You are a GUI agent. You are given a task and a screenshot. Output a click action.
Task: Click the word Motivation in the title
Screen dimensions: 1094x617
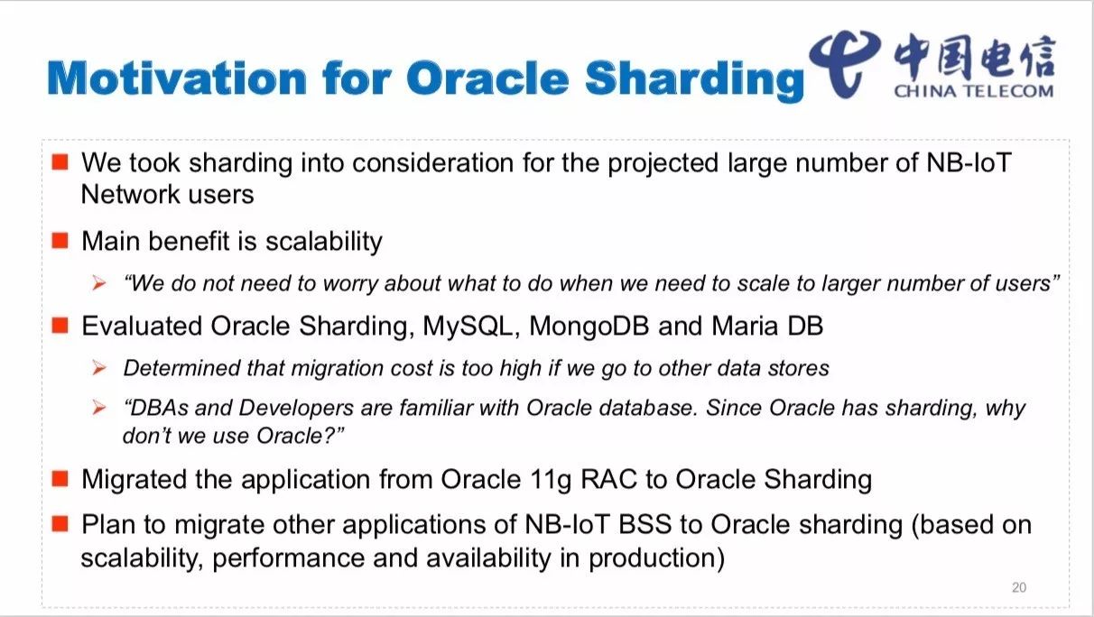[x=177, y=78]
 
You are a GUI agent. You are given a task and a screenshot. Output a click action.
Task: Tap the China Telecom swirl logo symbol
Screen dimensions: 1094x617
[x=845, y=63]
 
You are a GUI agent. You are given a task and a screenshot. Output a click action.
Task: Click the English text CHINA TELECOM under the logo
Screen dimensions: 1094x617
[x=974, y=91]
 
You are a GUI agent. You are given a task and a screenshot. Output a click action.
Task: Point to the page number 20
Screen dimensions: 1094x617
[x=1019, y=587]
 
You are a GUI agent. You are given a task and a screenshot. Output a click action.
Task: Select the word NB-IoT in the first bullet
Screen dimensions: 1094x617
[x=969, y=162]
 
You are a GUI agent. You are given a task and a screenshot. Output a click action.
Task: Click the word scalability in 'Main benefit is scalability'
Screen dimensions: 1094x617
[x=324, y=242]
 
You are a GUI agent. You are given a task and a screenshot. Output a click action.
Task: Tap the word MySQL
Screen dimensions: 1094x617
[x=468, y=327]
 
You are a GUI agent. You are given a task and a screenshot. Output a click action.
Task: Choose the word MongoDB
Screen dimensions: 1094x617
[x=589, y=326]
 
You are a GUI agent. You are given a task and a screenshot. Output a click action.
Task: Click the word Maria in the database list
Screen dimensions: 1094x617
[x=745, y=326]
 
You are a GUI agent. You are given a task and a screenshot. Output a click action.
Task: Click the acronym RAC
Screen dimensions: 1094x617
[x=608, y=479]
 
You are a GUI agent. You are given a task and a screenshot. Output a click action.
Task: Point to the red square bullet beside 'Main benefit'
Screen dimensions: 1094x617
[x=60, y=240]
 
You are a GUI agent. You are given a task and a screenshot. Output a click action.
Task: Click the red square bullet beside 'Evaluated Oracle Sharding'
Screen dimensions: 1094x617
[x=60, y=325]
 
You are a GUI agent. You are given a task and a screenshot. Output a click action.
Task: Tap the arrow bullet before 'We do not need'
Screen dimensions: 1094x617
[x=99, y=283]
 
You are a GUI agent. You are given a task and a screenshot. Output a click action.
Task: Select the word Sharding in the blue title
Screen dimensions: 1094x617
[x=694, y=80]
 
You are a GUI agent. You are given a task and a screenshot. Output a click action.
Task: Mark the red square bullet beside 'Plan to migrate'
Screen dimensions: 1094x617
[x=60, y=524]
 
